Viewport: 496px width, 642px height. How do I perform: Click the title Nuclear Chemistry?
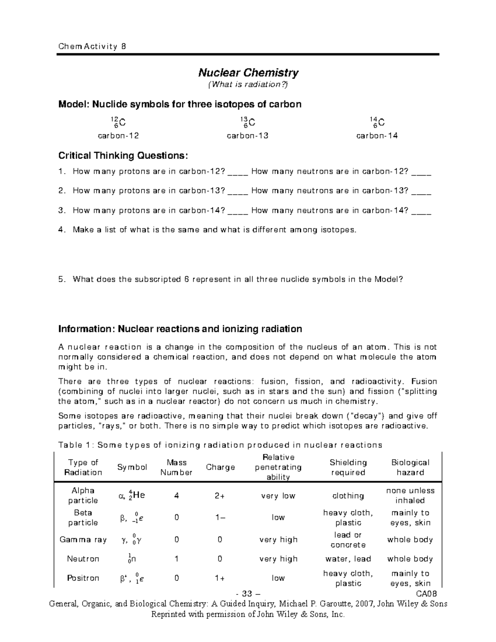click(248, 73)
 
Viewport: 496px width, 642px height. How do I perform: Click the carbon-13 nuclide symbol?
click(248, 122)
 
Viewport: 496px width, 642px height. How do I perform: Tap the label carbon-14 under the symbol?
click(377, 136)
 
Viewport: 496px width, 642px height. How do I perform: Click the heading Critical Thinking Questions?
click(123, 156)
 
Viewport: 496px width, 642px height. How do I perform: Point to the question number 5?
click(62, 279)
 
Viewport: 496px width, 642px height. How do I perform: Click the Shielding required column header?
click(348, 468)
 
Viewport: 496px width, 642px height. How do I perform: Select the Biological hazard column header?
click(410, 468)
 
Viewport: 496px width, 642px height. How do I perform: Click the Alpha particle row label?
click(83, 495)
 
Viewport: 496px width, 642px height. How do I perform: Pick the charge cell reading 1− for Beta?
click(220, 518)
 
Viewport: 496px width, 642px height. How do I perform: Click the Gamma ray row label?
click(83, 539)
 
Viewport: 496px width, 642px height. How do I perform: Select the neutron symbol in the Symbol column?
click(132, 559)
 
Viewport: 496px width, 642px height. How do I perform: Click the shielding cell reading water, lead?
click(348, 559)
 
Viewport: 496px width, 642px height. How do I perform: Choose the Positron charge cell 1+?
click(220, 578)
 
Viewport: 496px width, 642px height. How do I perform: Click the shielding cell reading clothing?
click(348, 496)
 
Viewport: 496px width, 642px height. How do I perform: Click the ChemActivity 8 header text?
click(92, 47)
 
